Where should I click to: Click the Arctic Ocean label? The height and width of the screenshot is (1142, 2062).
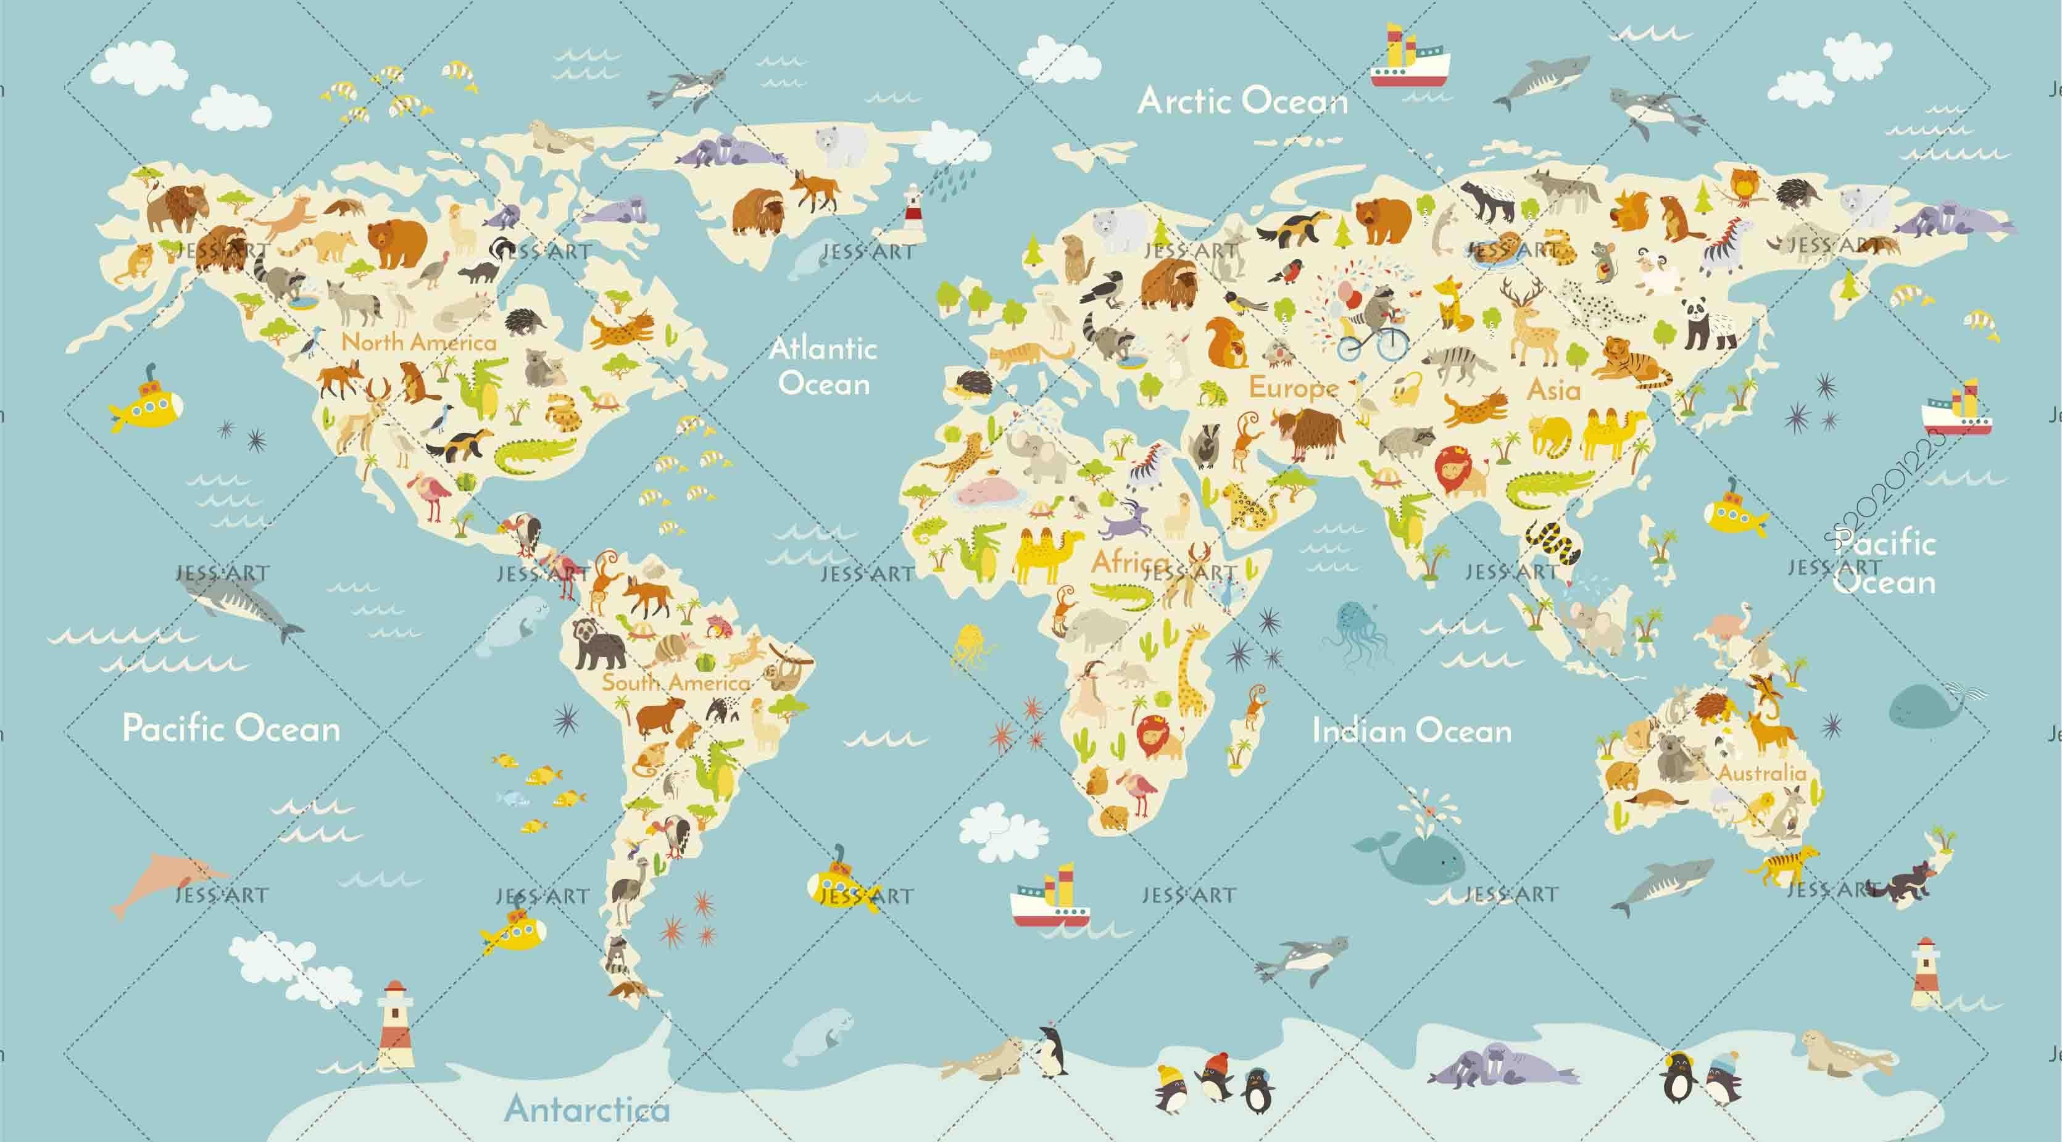pos(1242,102)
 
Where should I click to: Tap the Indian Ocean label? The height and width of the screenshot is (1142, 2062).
pos(1411,730)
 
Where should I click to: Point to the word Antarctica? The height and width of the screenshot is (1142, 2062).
pos(587,1109)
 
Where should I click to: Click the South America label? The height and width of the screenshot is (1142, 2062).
pos(676,682)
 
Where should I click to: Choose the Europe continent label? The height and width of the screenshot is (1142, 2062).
pos(1294,388)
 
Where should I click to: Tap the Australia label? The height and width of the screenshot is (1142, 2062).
pos(1762,773)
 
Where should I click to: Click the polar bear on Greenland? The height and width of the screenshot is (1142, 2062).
pos(841,146)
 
